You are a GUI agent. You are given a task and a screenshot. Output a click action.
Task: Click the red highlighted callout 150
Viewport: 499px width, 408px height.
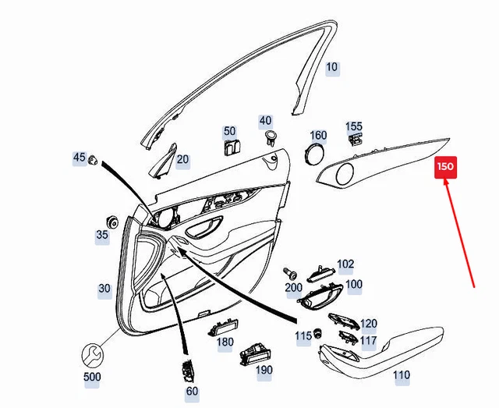click(x=445, y=167)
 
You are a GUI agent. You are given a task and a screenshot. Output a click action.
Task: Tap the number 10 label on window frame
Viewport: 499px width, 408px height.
click(x=332, y=67)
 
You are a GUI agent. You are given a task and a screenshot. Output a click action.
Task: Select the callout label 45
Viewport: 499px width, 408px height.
click(x=80, y=158)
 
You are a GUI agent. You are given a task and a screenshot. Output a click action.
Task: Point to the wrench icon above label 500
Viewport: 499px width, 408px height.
click(x=92, y=356)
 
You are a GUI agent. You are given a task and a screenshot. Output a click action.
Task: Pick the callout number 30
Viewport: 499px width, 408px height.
click(x=104, y=289)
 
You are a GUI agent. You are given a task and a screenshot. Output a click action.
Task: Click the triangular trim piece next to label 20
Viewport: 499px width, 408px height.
click(x=166, y=161)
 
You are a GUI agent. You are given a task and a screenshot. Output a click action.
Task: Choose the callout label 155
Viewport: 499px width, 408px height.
click(x=354, y=126)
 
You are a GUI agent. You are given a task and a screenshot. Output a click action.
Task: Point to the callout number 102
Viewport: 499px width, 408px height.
click(x=345, y=264)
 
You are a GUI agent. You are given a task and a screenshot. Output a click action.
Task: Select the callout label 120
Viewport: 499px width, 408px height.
click(x=368, y=323)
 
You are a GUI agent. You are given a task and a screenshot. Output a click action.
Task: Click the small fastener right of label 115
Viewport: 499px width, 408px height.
click(x=318, y=333)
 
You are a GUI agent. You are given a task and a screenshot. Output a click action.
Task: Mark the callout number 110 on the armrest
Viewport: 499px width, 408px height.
click(x=401, y=374)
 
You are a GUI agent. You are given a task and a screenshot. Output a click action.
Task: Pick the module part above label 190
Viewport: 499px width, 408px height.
click(x=253, y=353)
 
